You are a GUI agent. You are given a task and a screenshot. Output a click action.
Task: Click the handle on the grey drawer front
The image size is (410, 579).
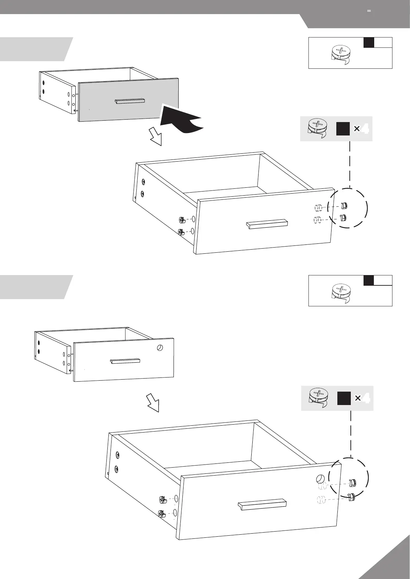pyautogui.click(x=129, y=101)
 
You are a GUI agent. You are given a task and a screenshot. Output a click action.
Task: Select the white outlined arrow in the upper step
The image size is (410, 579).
pyautogui.click(x=155, y=136)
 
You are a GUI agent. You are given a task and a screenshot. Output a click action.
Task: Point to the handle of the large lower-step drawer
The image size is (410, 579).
pyautogui.click(x=262, y=504)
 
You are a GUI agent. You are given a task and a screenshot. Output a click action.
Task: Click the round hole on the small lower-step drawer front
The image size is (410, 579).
pyautogui.click(x=160, y=348)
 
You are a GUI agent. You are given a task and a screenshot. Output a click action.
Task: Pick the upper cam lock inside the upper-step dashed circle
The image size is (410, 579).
pyautogui.click(x=344, y=206)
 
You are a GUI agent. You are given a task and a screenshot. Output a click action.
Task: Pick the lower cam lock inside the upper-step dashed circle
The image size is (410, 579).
pyautogui.click(x=343, y=218)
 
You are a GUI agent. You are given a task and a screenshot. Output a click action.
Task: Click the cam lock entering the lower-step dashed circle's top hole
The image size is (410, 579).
pyautogui.click(x=353, y=483)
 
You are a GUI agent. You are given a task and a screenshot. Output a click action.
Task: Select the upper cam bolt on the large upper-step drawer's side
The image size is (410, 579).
pyautogui.click(x=182, y=220)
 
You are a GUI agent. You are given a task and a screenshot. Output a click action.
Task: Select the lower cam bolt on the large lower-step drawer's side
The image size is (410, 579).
pyautogui.click(x=162, y=514)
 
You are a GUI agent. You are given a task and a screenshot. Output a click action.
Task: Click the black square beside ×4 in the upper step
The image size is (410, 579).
pyautogui.click(x=343, y=129)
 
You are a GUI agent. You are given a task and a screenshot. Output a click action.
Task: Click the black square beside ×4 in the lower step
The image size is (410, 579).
pyautogui.click(x=344, y=398)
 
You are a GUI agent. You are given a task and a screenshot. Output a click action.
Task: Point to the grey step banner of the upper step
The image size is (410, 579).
pyautogui.click(x=34, y=49)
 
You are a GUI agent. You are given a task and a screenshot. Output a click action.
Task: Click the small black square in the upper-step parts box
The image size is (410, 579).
pyautogui.click(x=369, y=43)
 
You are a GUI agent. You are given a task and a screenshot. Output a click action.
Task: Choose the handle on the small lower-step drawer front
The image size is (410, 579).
pyautogui.click(x=125, y=361)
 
